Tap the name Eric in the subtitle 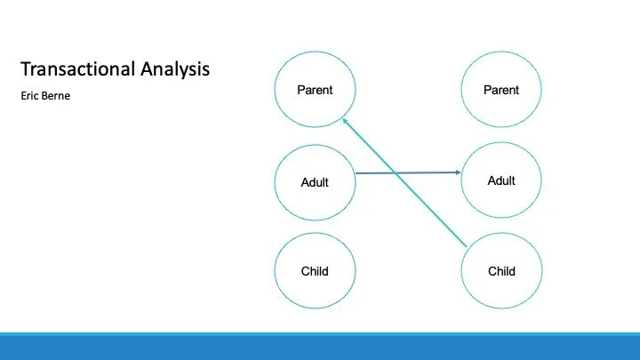28,95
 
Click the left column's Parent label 315,90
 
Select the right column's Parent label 501,90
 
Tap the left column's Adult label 315,182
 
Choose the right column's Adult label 501,180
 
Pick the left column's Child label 315,271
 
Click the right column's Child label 501,271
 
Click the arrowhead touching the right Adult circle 460,172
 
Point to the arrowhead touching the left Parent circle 344,122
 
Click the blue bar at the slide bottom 320,348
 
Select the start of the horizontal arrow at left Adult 356,173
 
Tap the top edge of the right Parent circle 501,52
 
